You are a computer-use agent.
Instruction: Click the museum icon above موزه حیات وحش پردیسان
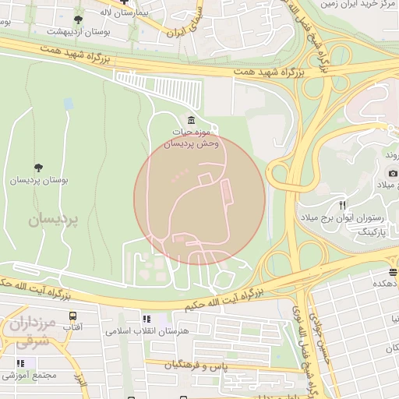[191, 120]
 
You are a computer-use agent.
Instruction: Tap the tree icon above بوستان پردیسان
[38, 167]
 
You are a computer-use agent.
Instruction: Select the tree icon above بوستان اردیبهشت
[78, 19]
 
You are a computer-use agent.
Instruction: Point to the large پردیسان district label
[54, 220]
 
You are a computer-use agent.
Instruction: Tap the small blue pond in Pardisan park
[69, 103]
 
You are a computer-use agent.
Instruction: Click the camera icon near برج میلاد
[393, 172]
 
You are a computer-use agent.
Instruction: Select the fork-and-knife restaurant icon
[342, 204]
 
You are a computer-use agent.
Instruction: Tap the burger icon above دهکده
[393, 272]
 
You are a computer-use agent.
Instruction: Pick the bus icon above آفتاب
[72, 316]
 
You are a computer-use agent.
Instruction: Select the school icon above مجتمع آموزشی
[20, 363]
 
